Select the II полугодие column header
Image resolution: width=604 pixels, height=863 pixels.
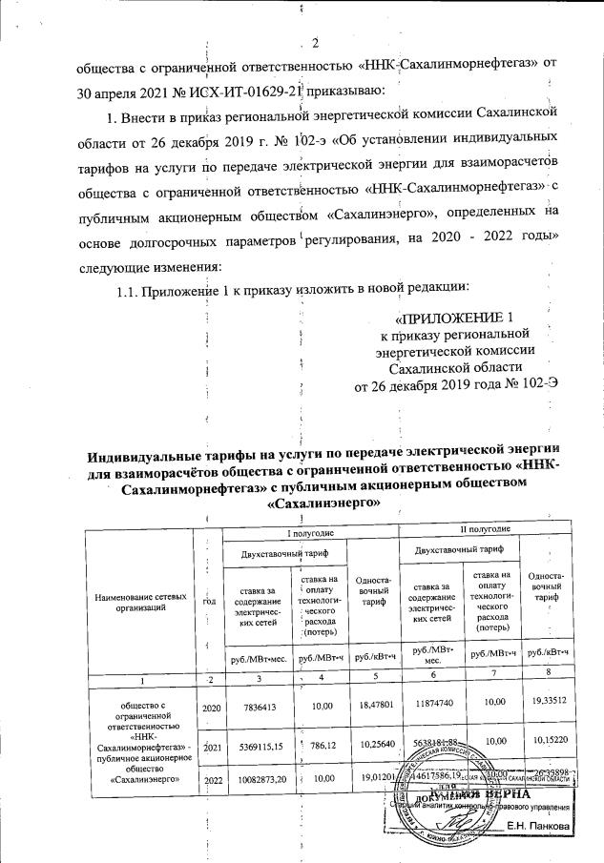[486, 528]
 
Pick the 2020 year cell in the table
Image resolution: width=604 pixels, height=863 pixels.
[207, 709]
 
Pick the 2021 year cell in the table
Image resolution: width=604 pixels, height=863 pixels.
[207, 748]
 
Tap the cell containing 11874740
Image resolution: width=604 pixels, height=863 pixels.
[427, 708]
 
